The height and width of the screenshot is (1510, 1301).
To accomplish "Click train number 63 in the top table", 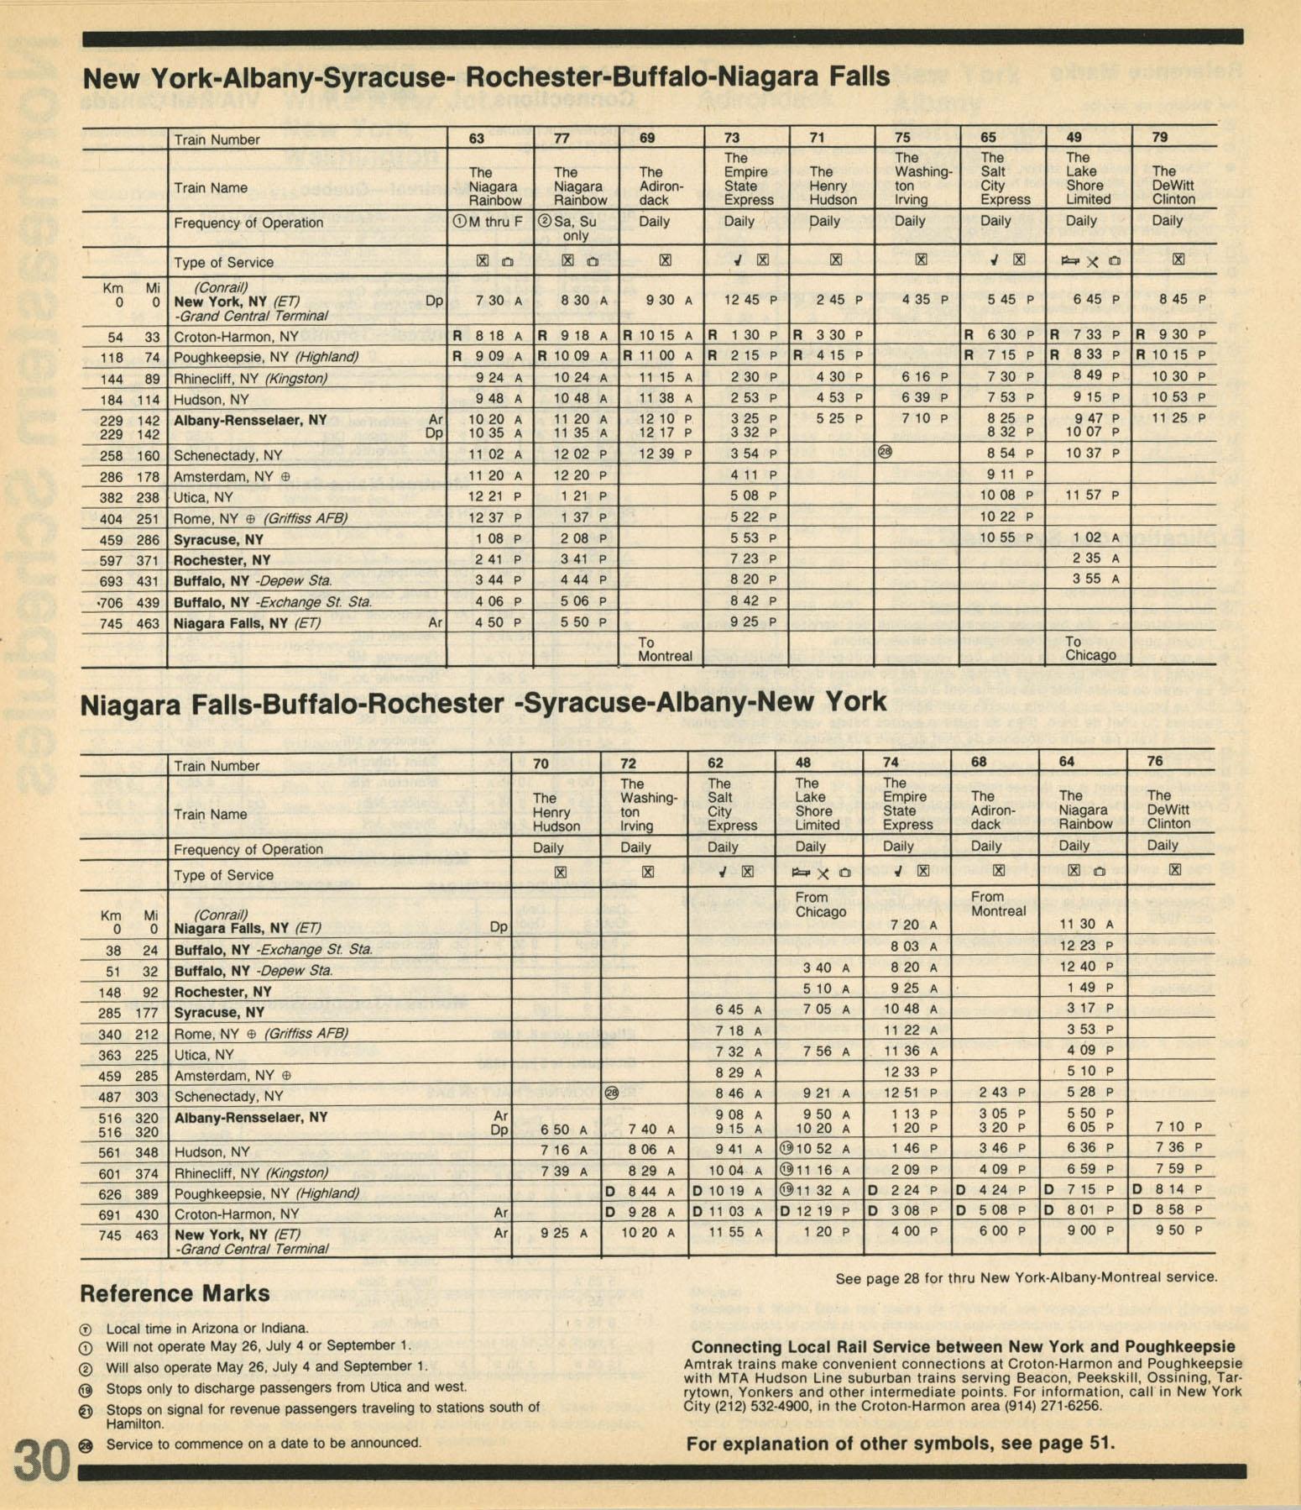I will coord(476,139).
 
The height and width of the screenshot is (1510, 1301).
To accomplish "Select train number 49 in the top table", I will coord(1074,137).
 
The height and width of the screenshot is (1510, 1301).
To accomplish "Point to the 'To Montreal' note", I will coord(664,649).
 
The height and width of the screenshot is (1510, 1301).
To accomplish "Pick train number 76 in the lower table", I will coord(1155,761).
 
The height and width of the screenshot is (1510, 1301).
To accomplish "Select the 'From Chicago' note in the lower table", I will coord(820,904).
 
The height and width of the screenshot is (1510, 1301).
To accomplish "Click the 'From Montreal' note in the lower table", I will coord(998,904).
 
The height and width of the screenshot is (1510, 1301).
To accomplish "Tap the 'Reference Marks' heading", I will coord(175,1293).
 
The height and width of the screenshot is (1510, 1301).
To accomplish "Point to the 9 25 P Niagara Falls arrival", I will coord(748,622).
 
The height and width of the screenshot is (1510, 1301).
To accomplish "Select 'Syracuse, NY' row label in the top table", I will coord(218,540).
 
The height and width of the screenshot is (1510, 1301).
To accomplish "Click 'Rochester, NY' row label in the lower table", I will coord(222,992).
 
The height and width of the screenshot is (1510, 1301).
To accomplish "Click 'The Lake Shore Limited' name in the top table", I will coord(1088,178).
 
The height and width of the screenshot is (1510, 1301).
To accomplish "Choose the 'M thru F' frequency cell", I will coord(488,222).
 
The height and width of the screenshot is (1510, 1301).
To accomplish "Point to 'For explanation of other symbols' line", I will coord(900,1444).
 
